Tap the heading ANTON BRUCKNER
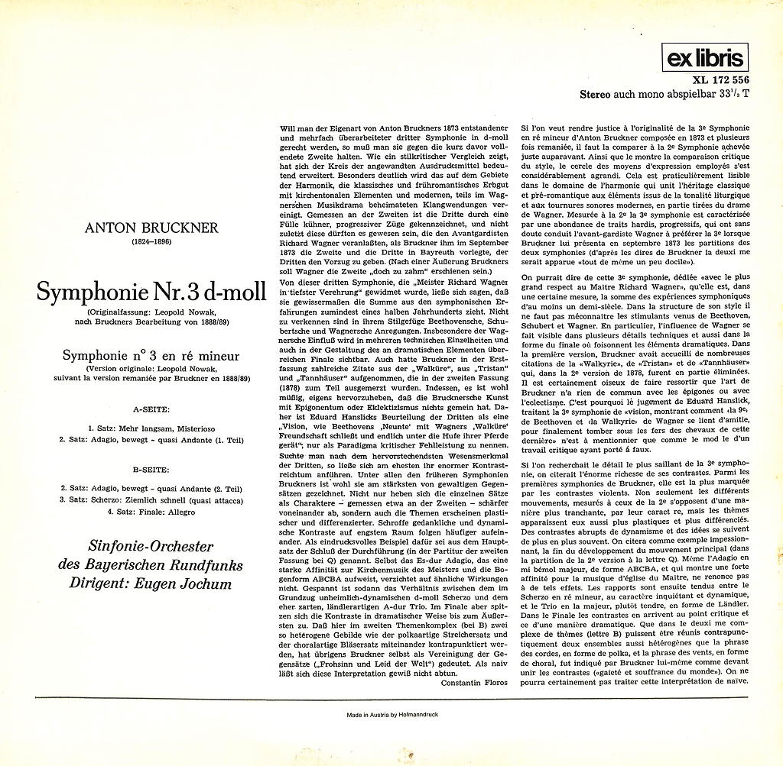point(157,228)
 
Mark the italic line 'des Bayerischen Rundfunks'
point(151,566)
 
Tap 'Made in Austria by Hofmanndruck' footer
point(391,717)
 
